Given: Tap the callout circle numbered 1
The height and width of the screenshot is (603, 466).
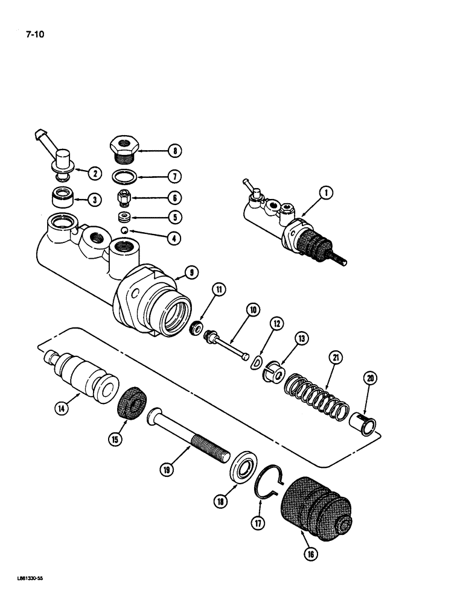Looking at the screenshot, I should [325, 194].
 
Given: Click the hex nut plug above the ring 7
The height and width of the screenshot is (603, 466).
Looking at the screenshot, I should [124, 148].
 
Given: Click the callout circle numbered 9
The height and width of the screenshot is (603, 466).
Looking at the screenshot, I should [190, 273].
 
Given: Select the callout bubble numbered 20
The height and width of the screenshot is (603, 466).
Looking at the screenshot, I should [368, 378].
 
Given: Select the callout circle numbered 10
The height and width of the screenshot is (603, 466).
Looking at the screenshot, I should [252, 310].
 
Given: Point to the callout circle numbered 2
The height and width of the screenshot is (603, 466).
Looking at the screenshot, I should [94, 174].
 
